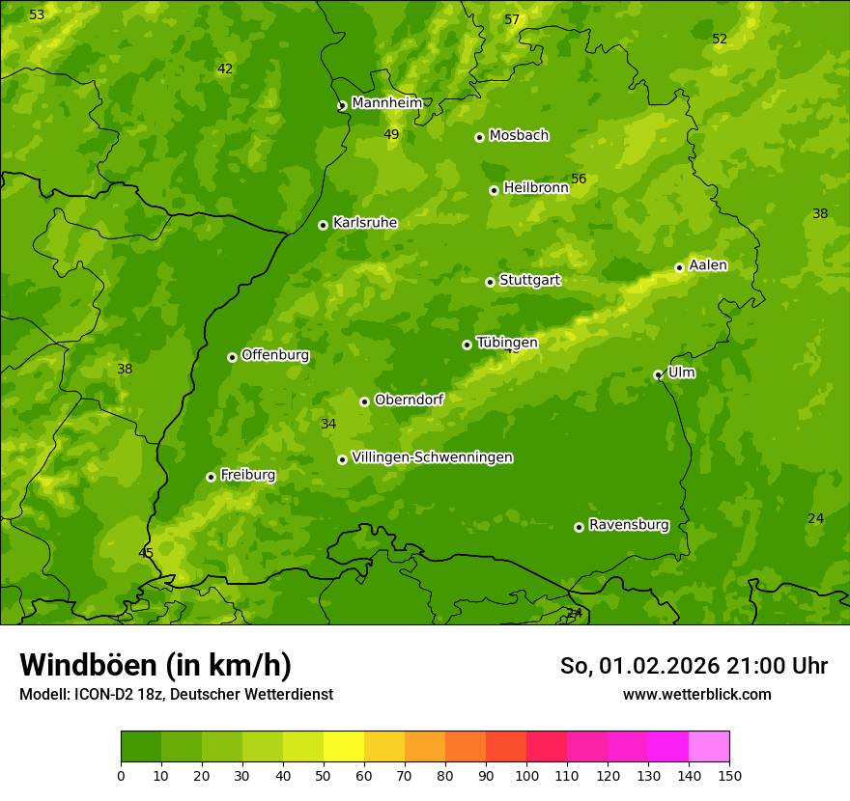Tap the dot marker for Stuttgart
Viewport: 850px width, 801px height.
490,282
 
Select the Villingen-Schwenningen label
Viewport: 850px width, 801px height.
432,457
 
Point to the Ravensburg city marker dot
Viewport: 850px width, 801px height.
579,527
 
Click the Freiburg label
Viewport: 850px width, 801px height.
247,475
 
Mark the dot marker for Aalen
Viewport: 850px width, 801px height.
679,267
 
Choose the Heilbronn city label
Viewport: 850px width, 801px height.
535,188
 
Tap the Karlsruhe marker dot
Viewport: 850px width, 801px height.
323,225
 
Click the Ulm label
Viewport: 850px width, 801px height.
681,373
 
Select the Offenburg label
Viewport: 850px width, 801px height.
274,355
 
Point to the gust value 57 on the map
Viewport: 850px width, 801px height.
512,20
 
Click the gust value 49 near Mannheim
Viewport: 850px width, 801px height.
391,135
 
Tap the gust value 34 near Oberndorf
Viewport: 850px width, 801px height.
328,425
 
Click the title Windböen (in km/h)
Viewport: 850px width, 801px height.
156,665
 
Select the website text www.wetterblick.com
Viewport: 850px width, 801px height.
696,694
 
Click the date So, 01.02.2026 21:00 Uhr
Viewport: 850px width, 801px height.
694,666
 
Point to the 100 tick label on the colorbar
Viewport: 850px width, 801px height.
526,775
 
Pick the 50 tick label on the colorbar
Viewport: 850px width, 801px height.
324,775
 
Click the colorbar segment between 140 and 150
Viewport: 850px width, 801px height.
709,747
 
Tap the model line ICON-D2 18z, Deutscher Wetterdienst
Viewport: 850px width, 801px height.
176,694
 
